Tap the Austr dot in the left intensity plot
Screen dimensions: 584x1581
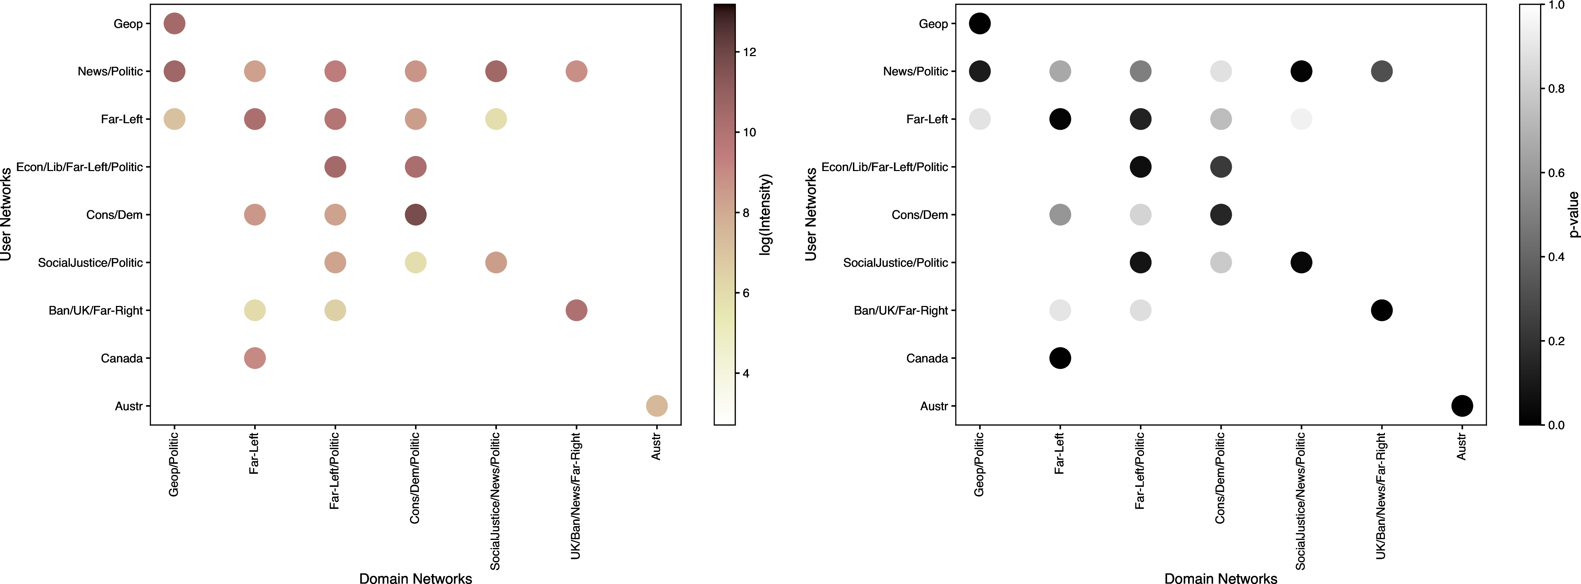pyautogui.click(x=657, y=406)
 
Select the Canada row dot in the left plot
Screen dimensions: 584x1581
pyautogui.click(x=255, y=358)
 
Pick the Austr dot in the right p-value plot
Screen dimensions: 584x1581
pyautogui.click(x=1462, y=406)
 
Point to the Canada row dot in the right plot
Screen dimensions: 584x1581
pyautogui.click(x=1060, y=358)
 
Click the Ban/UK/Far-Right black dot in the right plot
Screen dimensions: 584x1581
pyautogui.click(x=1381, y=310)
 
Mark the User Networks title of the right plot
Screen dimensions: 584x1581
pyautogui.click(x=811, y=214)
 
